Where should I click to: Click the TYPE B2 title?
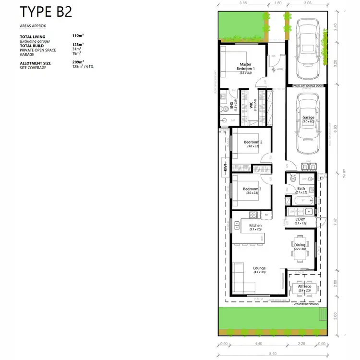[x=46, y=11]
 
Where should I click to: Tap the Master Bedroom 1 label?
[x=246, y=67]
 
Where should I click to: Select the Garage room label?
[x=308, y=117]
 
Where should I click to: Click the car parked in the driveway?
[x=308, y=49]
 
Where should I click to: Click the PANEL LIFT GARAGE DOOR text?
[x=308, y=85]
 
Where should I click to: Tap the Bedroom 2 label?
[x=252, y=142]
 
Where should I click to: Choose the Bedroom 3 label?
[x=252, y=189]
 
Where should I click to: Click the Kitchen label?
[x=255, y=225]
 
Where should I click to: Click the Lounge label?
[x=259, y=268]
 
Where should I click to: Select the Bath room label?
[x=301, y=189]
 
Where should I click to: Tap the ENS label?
[x=231, y=106]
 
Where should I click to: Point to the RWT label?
[x=225, y=168]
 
